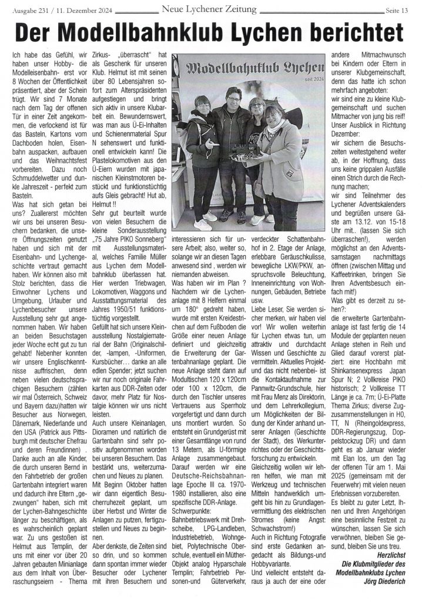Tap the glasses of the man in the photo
click(x=230, y=98)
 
